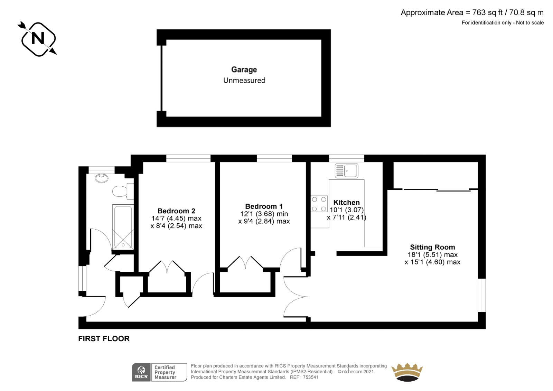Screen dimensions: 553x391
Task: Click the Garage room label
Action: point(244,70)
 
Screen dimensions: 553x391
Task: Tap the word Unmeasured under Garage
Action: point(244,81)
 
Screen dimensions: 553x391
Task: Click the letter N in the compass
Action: point(38,38)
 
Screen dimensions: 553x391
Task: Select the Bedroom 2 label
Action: point(176,211)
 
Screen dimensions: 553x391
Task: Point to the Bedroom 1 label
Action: point(264,206)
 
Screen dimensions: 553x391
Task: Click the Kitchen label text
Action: point(346,203)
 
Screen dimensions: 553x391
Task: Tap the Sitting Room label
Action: point(432,247)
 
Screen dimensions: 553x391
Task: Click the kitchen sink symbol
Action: point(346,170)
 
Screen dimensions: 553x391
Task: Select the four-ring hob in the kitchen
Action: point(319,204)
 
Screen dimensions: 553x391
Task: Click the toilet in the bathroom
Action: point(123,191)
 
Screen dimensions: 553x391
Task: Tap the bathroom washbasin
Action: point(102,178)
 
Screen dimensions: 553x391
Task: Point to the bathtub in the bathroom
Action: point(123,227)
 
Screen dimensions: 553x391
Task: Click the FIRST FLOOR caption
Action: point(104,339)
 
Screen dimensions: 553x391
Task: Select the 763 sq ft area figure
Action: point(487,12)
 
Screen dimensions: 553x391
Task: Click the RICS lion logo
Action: point(141,372)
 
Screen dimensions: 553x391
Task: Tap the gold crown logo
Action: point(407,372)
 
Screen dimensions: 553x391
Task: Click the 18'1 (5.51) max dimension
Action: point(432,255)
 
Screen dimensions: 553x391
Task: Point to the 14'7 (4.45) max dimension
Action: point(176,218)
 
